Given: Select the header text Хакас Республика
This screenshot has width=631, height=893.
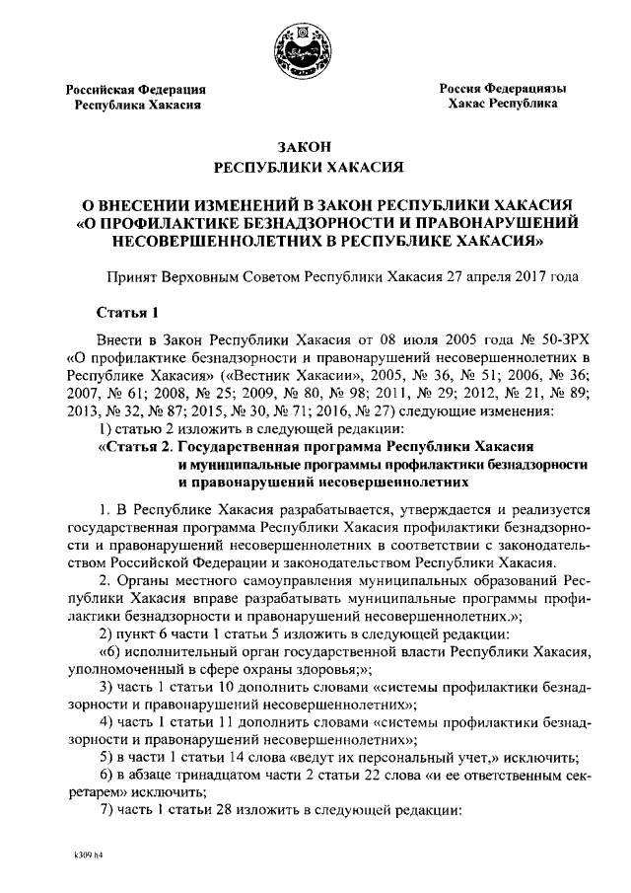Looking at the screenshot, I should tap(503, 104).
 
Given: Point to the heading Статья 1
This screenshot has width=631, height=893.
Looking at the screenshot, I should tap(128, 314).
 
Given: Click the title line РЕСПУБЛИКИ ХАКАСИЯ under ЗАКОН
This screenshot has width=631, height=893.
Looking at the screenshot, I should tap(315, 169).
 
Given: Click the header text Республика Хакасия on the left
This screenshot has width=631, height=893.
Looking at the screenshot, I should tap(138, 104).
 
